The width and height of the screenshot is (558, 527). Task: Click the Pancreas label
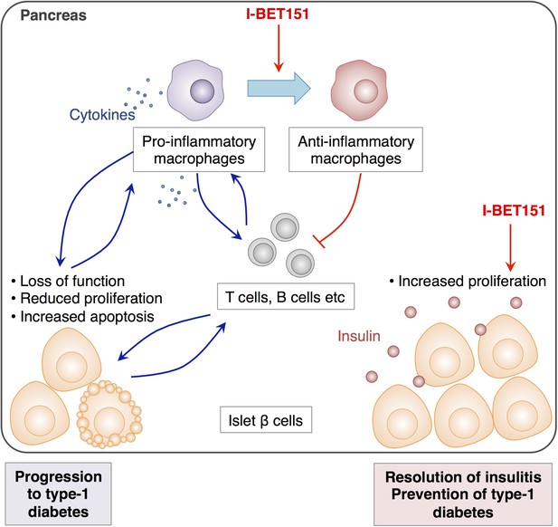click(53, 15)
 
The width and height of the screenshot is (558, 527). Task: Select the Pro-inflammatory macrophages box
click(199, 149)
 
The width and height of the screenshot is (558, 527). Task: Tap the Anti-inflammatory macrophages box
click(355, 149)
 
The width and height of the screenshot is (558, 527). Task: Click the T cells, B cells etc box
click(286, 296)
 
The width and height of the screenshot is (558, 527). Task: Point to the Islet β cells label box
click(266, 420)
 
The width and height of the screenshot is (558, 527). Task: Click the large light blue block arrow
click(279, 88)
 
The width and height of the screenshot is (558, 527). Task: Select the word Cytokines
click(102, 115)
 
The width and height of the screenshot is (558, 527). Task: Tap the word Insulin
click(359, 336)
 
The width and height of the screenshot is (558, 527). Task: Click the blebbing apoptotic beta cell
click(109, 415)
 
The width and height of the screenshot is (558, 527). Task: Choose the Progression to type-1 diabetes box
click(59, 494)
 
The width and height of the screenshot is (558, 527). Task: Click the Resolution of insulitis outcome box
click(463, 494)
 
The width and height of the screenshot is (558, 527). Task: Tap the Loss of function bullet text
click(69, 281)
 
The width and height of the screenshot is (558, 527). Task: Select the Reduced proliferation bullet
click(87, 299)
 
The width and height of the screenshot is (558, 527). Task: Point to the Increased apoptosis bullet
click(83, 316)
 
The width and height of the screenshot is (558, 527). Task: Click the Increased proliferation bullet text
click(468, 281)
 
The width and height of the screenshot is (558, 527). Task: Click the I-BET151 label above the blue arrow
click(278, 14)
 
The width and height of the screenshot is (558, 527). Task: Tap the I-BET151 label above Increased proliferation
click(514, 211)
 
